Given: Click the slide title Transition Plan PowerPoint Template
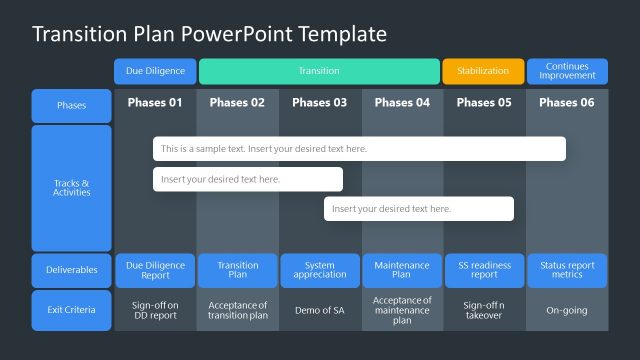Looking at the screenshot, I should coord(209,34).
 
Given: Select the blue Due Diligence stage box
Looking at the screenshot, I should coord(155,71).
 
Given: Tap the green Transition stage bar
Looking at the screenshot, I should coord(319,71).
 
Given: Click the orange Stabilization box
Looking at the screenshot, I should coord(483,71).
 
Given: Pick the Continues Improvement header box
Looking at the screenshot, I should coord(567,71).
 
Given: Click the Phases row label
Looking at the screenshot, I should coord(71,105).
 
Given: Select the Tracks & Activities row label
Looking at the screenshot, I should coord(71,188).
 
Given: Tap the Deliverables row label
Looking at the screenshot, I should coord(71,270).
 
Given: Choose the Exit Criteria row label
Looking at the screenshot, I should coord(71,310).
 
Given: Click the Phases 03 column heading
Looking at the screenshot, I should coord(319,102).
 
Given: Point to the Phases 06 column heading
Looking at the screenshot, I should coord(567,102).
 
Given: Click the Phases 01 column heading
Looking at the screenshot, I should coord(155,102).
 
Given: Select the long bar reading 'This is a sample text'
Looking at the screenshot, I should coord(359,149).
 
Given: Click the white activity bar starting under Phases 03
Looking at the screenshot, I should coord(418,209).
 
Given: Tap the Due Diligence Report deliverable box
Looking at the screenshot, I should coord(155,270).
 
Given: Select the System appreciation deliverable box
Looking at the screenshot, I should coord(319,270).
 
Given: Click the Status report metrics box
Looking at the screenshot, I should coord(567,270).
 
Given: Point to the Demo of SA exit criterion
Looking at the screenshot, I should coord(319,310).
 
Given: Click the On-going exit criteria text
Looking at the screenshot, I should coord(567,310).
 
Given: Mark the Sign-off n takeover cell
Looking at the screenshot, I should coord(483,310).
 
